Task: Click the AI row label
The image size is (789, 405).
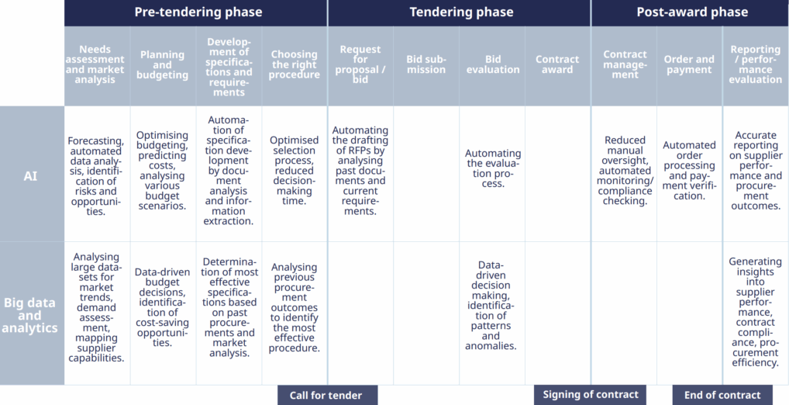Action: pyautogui.click(x=30, y=176)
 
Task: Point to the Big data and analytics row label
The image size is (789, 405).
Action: pyautogui.click(x=30, y=316)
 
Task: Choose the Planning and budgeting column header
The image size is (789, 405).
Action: pyautogui.click(x=163, y=65)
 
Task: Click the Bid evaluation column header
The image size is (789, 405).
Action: pyautogui.click(x=493, y=65)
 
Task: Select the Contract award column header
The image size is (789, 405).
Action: pyautogui.click(x=558, y=65)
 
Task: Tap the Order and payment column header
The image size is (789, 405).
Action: pyautogui.click(x=689, y=65)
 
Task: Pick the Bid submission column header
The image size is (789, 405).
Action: pyautogui.click(x=426, y=65)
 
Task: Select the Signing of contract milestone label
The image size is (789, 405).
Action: pyautogui.click(x=591, y=395)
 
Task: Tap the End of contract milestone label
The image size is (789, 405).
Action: pyautogui.click(x=722, y=396)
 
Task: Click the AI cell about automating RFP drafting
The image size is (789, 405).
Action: pyautogui.click(x=360, y=171)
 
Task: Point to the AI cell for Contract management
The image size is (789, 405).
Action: pyautogui.click(x=624, y=171)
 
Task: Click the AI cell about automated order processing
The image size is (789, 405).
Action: pyautogui.click(x=689, y=171)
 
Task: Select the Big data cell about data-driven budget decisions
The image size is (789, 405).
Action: pyautogui.click(x=163, y=307)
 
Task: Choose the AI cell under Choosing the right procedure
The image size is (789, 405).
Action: pyautogui.click(x=295, y=171)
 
